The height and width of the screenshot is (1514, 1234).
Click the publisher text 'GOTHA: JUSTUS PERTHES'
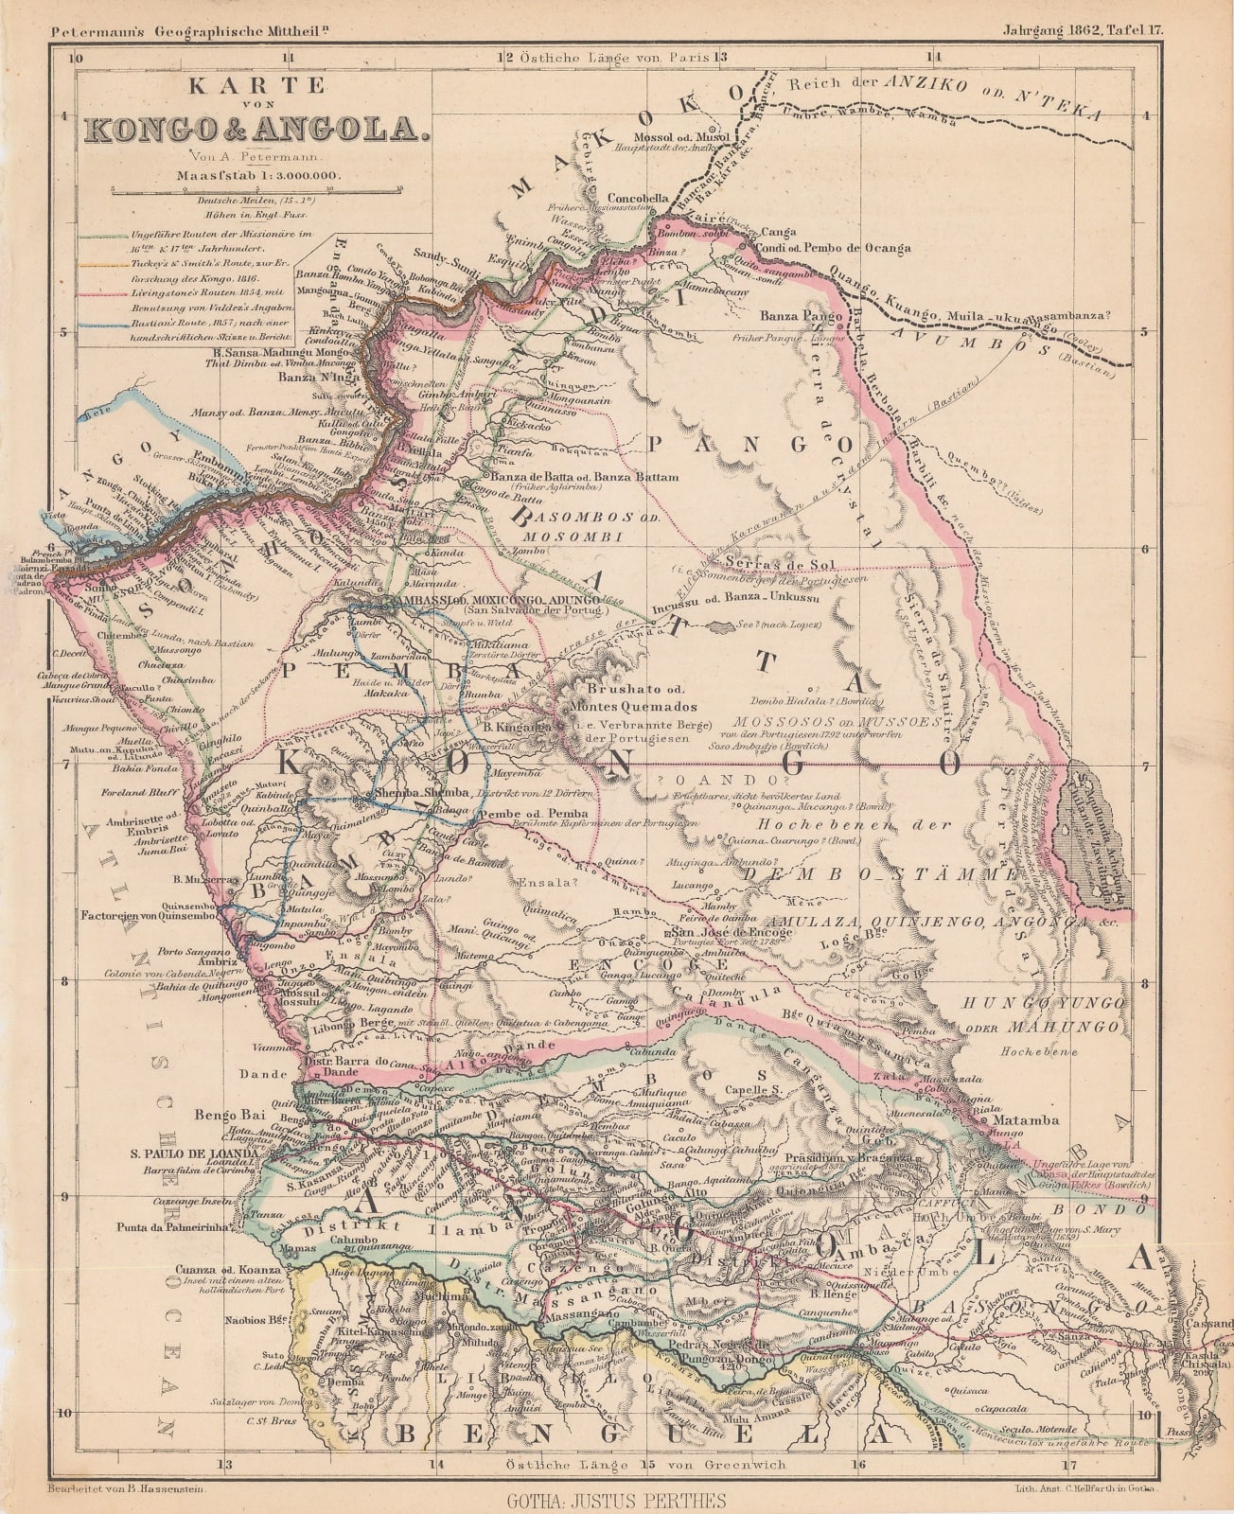coord(616,1500)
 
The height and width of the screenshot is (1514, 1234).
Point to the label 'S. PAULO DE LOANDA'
coord(195,1155)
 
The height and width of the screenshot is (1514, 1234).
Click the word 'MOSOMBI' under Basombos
coord(561,537)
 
